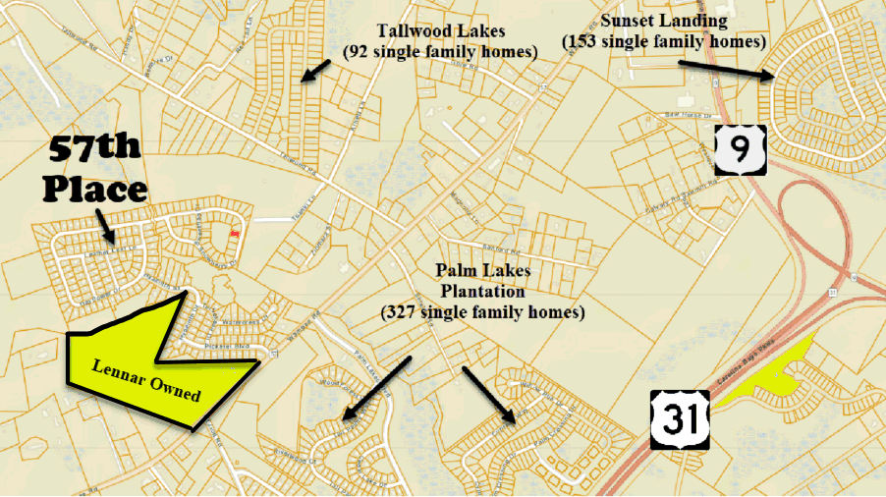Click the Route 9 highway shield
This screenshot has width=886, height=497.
[x=741, y=149]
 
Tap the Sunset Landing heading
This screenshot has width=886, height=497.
[x=664, y=21]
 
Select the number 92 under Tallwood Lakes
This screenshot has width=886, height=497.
[x=359, y=52]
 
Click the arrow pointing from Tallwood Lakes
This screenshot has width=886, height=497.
[x=315, y=69]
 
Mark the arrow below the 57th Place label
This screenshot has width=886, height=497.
[x=105, y=229]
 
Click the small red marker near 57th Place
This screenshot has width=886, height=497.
[x=234, y=235]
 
